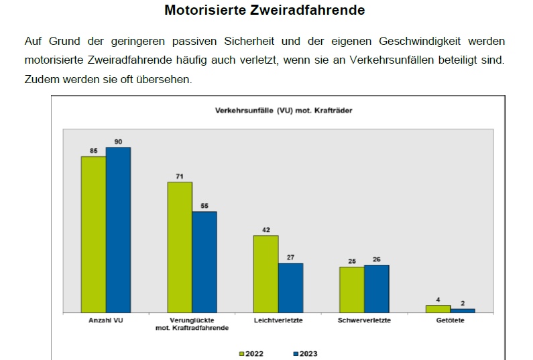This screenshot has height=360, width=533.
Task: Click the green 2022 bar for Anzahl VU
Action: tap(93, 234)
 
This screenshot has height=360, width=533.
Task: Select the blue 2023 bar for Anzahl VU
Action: tap(118, 229)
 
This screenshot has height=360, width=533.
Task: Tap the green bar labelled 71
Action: tap(180, 247)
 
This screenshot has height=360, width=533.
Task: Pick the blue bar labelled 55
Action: tap(204, 261)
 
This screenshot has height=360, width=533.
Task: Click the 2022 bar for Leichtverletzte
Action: tap(265, 274)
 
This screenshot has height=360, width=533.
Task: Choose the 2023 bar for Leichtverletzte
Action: tap(290, 287)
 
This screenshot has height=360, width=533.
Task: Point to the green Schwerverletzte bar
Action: tap(351, 290)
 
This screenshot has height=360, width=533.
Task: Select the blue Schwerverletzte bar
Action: tap(376, 288)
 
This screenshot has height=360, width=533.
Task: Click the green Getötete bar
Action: tap(437, 308)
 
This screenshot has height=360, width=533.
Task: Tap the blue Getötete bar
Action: tap(463, 310)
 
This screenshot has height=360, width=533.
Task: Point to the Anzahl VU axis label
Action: tap(106, 320)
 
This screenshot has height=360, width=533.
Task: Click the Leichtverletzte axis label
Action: tap(278, 320)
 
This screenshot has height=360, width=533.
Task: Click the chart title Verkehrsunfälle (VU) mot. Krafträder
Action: tap(283, 110)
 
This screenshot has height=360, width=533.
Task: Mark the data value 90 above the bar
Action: tap(118, 141)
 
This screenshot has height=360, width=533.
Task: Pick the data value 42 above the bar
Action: tap(265, 230)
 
